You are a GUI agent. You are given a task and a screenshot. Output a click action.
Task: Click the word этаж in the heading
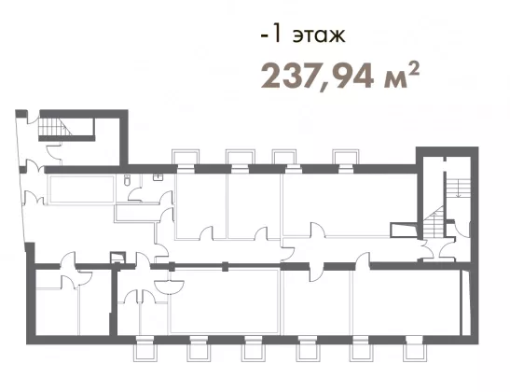[319, 35]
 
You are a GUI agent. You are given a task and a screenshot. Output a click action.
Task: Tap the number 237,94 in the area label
[317, 77]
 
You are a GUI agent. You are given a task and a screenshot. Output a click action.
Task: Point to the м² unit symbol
[401, 77]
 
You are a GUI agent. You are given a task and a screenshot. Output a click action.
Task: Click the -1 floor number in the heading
[270, 35]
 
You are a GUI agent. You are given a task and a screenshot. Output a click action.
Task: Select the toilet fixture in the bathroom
[127, 180]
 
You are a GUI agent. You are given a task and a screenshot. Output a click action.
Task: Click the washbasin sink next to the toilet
[159, 177]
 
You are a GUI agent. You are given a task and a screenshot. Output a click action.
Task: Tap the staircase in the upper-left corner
[55, 127]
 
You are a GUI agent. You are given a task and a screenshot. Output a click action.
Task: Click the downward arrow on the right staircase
[459, 189]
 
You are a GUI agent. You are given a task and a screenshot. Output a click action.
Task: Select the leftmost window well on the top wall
[186, 157]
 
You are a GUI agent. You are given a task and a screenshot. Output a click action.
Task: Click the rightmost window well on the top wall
[345, 157]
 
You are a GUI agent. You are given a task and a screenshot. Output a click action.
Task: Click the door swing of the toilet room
[134, 196]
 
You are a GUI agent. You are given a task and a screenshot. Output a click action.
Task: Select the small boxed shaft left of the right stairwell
[404, 231]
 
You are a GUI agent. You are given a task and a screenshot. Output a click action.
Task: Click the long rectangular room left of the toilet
[81, 189]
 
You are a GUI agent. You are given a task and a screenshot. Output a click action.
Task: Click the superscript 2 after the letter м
[413, 69]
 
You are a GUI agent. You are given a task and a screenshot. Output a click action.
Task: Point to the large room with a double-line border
[225, 301]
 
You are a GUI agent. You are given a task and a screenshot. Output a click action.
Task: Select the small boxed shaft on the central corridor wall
[117, 258]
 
